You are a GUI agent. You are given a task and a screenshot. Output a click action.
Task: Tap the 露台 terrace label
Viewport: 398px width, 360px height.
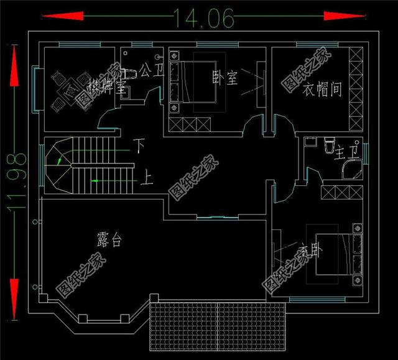click(109, 239)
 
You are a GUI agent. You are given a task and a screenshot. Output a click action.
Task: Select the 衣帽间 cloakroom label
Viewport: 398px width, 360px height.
click(322, 90)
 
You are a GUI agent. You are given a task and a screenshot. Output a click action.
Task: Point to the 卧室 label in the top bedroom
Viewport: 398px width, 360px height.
click(224, 78)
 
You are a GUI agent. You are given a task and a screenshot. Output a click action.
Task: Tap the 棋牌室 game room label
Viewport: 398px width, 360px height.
click(107, 86)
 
